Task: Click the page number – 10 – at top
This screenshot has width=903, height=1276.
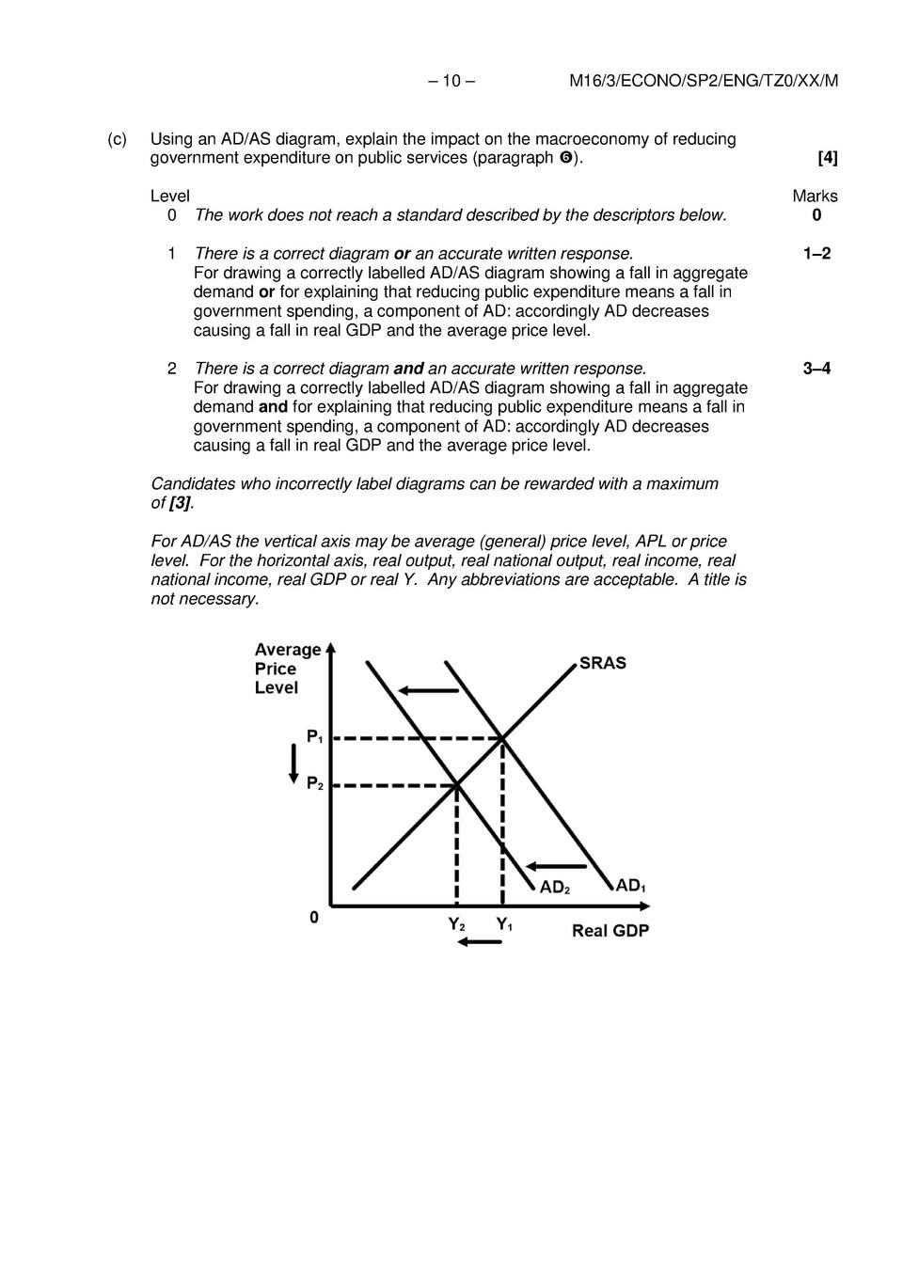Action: point(451,81)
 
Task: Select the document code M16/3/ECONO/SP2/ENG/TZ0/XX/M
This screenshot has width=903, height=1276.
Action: point(704,81)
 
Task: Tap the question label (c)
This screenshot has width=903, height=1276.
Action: point(117,139)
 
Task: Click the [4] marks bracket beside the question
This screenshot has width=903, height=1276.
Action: point(827,158)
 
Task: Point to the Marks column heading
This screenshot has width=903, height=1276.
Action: point(815,196)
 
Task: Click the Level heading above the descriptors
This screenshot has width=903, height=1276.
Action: point(170,196)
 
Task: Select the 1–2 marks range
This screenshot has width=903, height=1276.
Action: point(816,254)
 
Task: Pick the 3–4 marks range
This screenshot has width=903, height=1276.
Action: point(816,369)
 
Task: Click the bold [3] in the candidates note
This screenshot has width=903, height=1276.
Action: point(181,503)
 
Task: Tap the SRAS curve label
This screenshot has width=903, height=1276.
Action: point(602,663)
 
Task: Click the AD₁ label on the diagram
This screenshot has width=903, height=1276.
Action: point(630,886)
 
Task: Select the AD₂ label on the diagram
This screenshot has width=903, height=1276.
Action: point(555,888)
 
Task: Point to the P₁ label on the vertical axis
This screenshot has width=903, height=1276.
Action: point(314,737)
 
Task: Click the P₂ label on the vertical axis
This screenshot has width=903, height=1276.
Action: point(314,783)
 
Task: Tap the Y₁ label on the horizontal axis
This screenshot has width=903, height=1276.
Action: point(504,924)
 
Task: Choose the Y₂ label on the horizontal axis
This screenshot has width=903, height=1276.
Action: point(456,924)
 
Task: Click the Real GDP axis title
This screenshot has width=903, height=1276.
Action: point(610,931)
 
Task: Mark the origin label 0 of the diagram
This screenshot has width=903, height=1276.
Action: point(314,917)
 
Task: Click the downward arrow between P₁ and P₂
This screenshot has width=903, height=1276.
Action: point(293,762)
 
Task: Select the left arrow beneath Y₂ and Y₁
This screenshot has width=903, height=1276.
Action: point(480,942)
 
